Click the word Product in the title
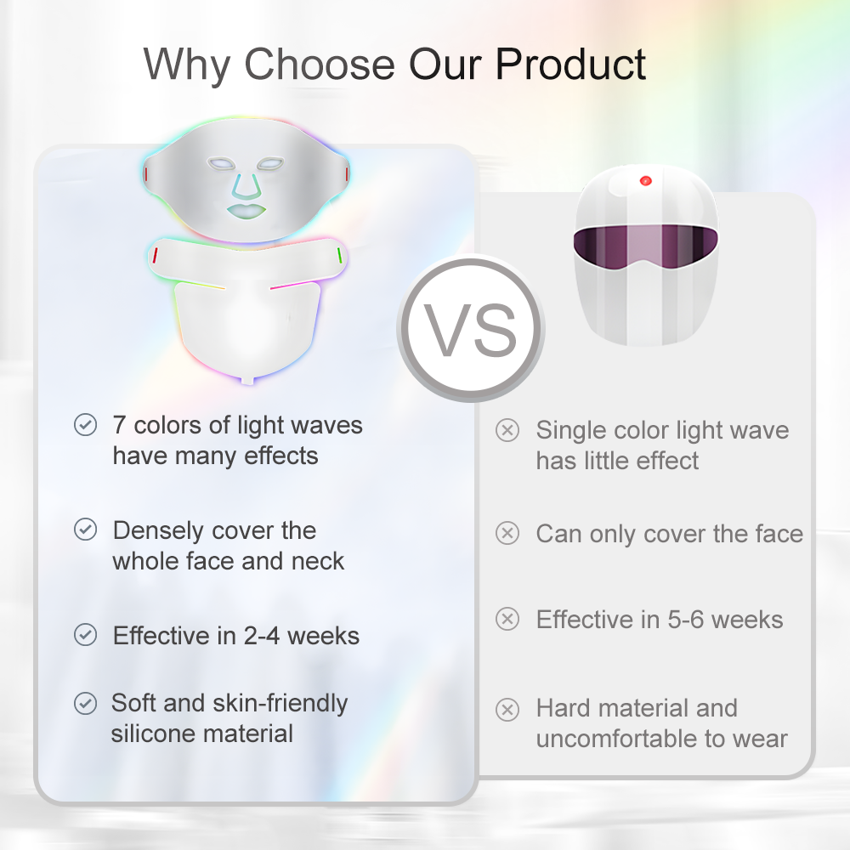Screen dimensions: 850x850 570,64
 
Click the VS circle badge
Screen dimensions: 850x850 471,329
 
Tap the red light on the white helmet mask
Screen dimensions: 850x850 645,180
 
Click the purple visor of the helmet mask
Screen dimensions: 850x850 646,246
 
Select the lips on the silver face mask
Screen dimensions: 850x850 246,210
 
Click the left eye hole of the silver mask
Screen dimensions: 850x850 221,163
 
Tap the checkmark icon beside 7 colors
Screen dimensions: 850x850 85,425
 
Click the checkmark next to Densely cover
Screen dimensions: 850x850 85,530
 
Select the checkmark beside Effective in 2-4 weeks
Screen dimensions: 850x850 85,635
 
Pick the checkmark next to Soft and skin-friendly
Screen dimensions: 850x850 85,703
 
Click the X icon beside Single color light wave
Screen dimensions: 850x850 507,430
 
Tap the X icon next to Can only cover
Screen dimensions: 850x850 507,534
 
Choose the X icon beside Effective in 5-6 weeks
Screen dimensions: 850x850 507,619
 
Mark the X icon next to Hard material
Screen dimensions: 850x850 507,710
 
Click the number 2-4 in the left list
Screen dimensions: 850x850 262,636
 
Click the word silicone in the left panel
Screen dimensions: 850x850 152,734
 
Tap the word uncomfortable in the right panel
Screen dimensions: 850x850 615,739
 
